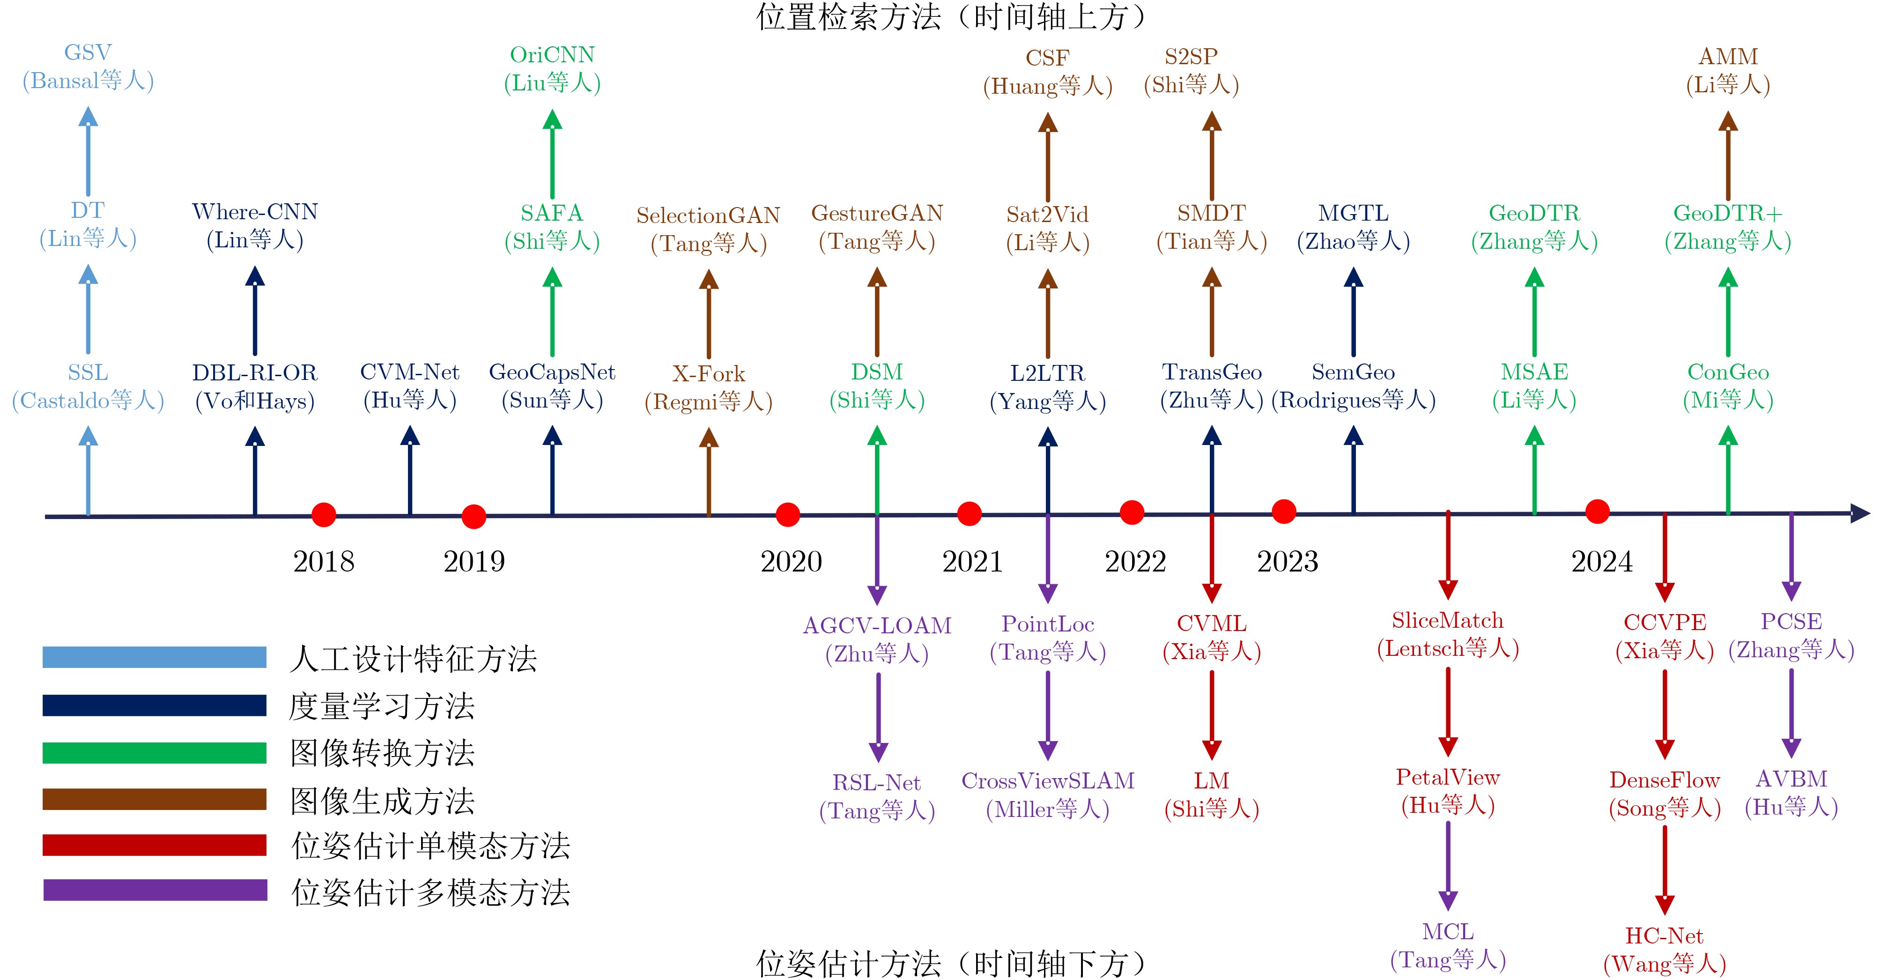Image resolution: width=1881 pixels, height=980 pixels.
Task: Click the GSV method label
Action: [88, 52]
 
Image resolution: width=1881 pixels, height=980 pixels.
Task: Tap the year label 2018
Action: [324, 562]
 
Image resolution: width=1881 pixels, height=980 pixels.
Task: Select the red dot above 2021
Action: [969, 513]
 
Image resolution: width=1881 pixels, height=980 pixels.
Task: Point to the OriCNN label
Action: [552, 55]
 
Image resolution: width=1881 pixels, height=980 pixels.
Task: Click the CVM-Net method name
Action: [410, 372]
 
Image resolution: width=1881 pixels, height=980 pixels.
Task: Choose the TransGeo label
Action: [1211, 372]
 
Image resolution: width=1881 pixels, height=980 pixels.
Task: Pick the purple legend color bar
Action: [155, 890]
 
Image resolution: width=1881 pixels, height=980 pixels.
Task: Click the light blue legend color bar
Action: [155, 657]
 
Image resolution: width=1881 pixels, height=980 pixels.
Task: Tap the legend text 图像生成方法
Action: [382, 801]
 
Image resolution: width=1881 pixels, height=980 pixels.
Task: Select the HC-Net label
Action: [1664, 935]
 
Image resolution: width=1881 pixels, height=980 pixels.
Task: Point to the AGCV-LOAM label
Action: [877, 626]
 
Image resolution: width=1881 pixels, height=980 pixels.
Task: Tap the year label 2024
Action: [1602, 562]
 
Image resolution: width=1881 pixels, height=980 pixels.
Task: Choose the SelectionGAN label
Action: [708, 215]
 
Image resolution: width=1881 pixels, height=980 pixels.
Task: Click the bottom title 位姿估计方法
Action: [847, 963]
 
